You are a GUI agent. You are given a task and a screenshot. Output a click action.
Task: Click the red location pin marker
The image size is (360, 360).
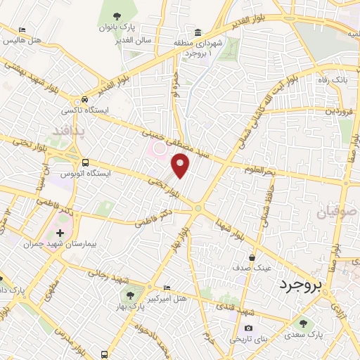click(181, 166)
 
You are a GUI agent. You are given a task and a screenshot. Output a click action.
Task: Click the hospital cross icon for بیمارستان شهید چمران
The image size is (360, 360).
click(59, 232)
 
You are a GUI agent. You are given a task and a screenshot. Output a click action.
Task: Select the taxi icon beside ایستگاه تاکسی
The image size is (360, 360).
click(84, 100)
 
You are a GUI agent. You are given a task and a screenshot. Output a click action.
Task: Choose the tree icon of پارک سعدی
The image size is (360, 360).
click(302, 324)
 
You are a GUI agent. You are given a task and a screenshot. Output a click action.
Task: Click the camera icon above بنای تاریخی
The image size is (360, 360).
click(247, 328)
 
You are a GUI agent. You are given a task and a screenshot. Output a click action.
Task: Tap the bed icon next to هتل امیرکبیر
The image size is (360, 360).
click(167, 288)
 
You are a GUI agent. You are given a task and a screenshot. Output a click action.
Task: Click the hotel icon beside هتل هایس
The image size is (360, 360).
click(22, 30)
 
